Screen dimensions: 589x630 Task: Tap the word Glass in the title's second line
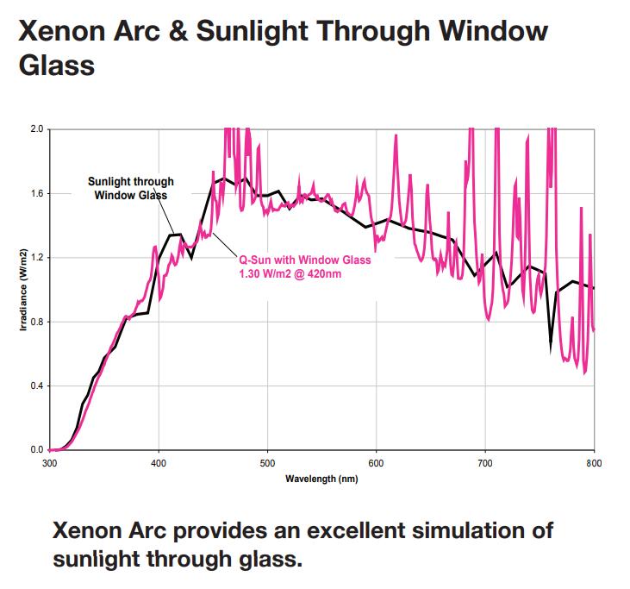tap(56, 66)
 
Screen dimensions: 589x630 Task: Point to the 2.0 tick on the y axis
tap(34, 129)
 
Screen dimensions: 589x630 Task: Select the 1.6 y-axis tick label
tap(34, 193)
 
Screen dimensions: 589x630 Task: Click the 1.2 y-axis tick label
tap(34, 258)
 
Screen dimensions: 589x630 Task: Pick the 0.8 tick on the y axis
tap(34, 322)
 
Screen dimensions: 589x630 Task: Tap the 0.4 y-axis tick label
tap(34, 385)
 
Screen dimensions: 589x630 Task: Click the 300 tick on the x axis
tap(50, 462)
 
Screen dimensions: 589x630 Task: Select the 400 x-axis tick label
tap(159, 462)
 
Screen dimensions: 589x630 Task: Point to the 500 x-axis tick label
tap(267, 462)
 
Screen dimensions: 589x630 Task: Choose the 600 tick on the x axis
tap(377, 462)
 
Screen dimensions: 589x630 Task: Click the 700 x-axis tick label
tap(485, 462)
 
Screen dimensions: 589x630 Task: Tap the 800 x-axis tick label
tap(594, 462)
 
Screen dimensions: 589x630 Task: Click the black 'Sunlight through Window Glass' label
tap(131, 188)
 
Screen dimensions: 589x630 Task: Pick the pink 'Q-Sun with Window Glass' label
tap(304, 260)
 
